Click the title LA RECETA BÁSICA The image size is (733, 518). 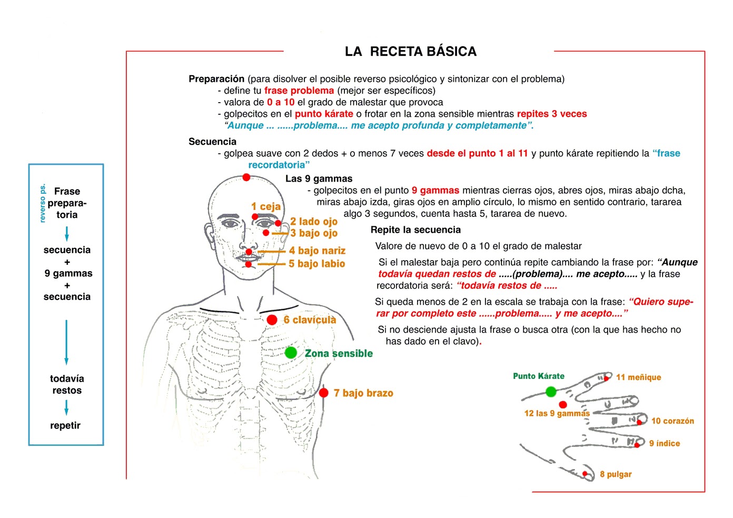pos(411,52)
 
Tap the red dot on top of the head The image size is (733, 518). pos(246,177)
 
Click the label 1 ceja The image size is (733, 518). pos(266,206)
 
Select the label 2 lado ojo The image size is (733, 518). pos(314,222)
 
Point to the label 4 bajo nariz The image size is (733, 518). pos(318,251)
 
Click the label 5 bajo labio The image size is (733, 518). pos(317,264)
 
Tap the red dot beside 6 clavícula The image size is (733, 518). pos(272,320)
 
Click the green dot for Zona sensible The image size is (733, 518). pos(291,353)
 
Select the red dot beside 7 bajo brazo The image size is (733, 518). pos(324,393)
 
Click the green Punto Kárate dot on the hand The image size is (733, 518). pos(551,392)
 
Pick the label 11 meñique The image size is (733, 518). pos(638,377)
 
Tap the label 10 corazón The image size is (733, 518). pos(672,421)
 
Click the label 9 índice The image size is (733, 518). pos(665,444)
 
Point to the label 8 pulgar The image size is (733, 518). pos(616,474)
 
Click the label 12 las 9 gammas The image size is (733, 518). pos(557,414)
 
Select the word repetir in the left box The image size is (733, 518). pos(65,425)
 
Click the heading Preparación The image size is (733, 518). pos(216,79)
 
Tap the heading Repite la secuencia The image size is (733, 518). pos(415,230)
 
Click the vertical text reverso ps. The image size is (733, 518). pos(43,203)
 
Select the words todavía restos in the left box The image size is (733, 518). pos(67,384)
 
